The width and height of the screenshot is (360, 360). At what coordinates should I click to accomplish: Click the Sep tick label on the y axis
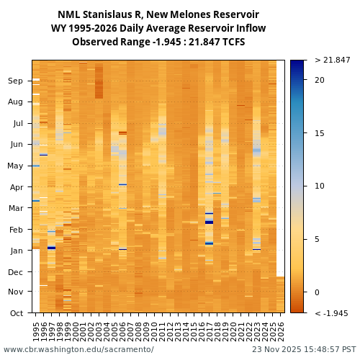click(16, 81)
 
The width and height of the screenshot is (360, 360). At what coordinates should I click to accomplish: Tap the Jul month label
click(17, 124)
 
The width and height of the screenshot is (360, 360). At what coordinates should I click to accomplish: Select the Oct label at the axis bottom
click(16, 313)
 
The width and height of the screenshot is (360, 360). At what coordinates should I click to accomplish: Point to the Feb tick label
click(16, 230)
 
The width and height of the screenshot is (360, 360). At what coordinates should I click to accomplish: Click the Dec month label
click(16, 272)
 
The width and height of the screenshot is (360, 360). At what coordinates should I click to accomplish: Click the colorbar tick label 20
click(319, 80)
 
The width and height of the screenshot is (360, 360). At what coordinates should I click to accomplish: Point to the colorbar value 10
click(319, 186)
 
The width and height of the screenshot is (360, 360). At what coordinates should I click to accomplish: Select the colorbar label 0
click(317, 292)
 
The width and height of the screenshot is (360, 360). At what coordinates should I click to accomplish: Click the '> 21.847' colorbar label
click(332, 60)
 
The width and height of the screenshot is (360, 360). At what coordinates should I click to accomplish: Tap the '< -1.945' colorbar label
click(332, 314)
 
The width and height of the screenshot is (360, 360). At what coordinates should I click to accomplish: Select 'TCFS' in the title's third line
click(232, 42)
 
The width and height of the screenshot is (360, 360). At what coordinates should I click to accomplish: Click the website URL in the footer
click(78, 350)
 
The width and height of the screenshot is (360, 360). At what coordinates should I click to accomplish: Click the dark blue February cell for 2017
click(209, 222)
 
